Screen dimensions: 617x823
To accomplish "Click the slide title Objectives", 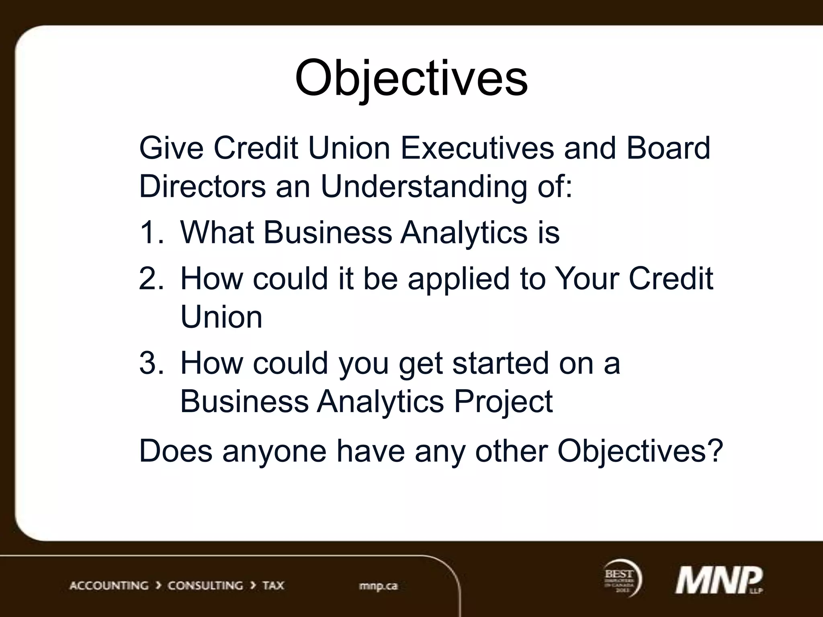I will [x=411, y=78].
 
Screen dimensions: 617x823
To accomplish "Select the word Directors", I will [x=202, y=186].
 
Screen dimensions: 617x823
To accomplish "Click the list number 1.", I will [x=151, y=233].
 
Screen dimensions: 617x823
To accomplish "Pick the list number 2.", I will [x=151, y=278].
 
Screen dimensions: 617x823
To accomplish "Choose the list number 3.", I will [x=151, y=363].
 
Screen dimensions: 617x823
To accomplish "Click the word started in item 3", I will [x=500, y=363].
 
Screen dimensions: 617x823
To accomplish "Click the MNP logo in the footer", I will [x=718, y=580].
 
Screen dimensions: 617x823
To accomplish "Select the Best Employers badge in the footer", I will [x=621, y=579].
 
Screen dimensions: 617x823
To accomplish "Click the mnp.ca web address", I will [x=378, y=586].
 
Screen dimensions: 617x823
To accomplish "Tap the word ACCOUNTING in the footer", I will [x=109, y=585].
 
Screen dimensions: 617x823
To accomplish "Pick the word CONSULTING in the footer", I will [x=205, y=585].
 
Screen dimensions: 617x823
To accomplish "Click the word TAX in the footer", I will [x=273, y=585].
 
